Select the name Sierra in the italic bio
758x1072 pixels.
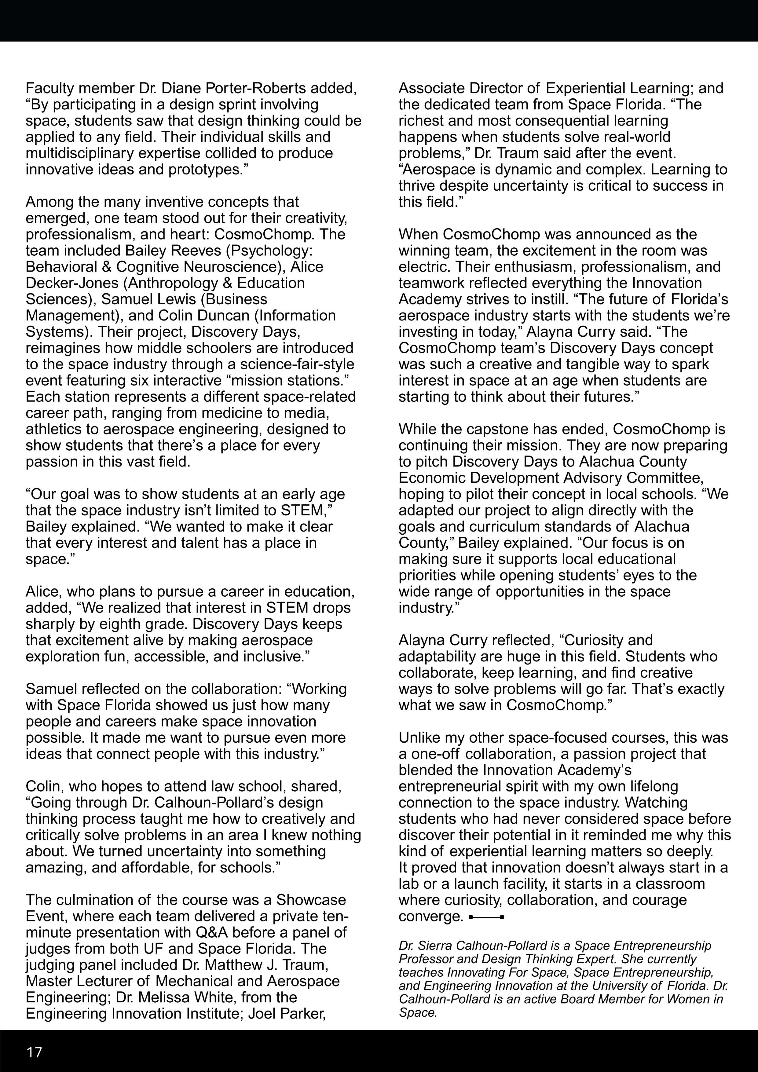pos(435,946)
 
